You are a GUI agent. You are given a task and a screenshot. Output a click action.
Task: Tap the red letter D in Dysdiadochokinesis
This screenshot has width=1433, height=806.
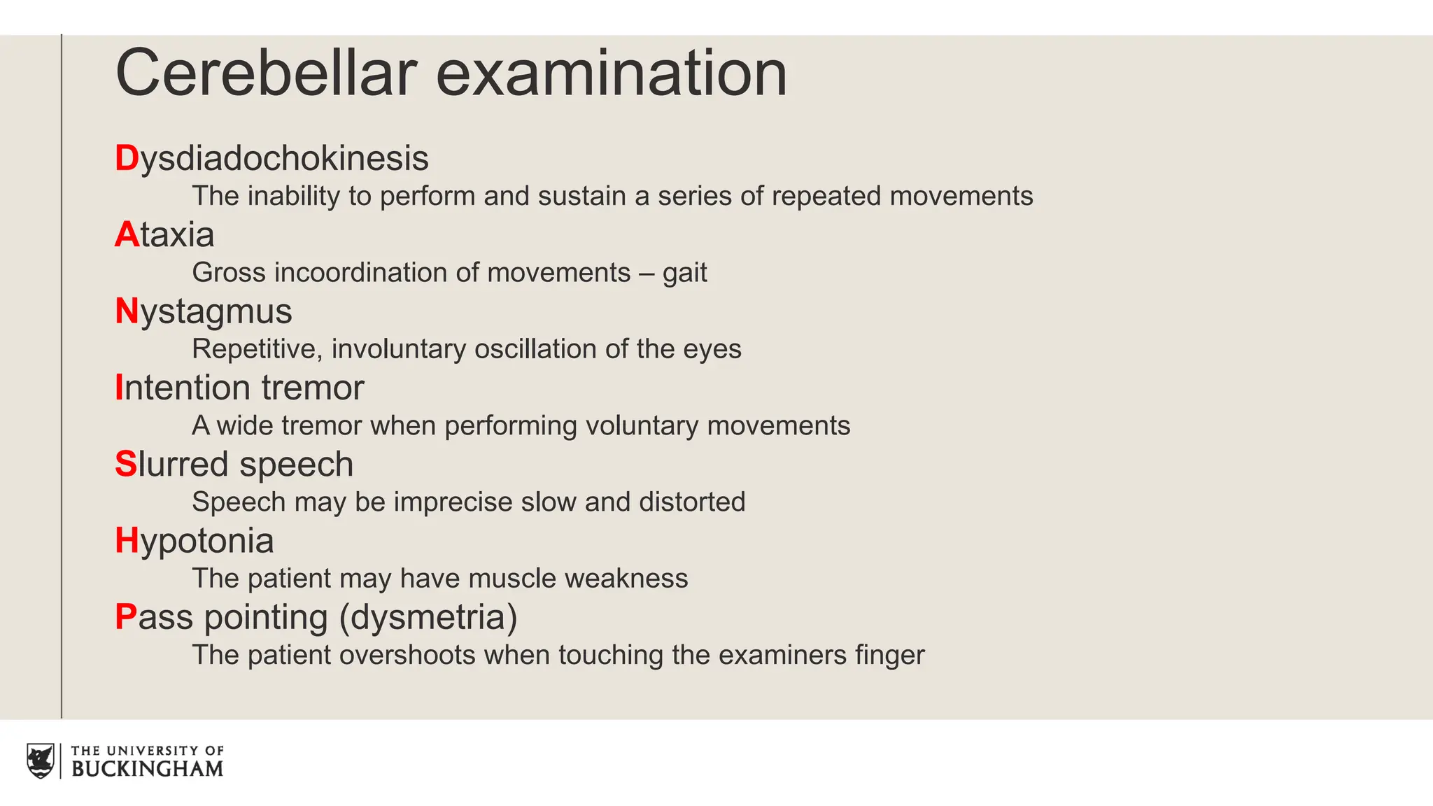tap(127, 158)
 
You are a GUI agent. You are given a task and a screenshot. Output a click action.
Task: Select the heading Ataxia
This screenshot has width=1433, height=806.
tap(164, 234)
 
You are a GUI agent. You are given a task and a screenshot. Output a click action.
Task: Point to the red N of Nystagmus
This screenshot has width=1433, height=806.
tap(127, 311)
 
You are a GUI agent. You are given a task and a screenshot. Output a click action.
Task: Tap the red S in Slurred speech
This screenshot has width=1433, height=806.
tap(126, 465)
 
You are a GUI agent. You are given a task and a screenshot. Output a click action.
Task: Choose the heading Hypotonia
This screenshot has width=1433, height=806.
tap(194, 541)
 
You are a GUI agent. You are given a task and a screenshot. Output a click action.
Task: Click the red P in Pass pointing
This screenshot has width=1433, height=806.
tap(126, 617)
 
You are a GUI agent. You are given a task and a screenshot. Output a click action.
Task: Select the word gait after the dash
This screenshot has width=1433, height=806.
tap(684, 274)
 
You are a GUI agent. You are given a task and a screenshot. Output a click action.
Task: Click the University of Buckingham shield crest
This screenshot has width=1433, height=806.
tap(41, 761)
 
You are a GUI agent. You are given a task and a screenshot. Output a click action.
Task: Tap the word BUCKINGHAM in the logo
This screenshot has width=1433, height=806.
tap(147, 769)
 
